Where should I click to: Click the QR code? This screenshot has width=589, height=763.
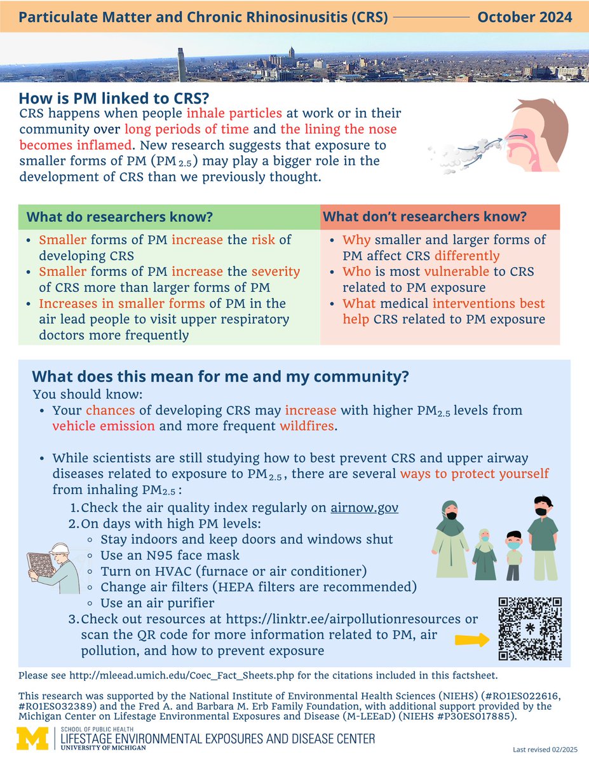click(x=531, y=628)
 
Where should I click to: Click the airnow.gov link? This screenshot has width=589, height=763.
click(x=365, y=508)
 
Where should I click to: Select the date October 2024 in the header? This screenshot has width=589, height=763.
click(x=524, y=17)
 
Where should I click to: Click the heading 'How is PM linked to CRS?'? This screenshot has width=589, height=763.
click(x=114, y=99)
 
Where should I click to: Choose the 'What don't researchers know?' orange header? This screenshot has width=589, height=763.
click(x=424, y=217)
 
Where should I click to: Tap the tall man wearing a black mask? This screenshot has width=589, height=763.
click(x=542, y=537)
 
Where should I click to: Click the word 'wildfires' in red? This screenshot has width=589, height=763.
click(x=306, y=426)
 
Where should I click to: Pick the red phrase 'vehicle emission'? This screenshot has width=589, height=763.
click(x=104, y=426)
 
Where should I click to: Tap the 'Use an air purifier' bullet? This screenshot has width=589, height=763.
click(x=157, y=602)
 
